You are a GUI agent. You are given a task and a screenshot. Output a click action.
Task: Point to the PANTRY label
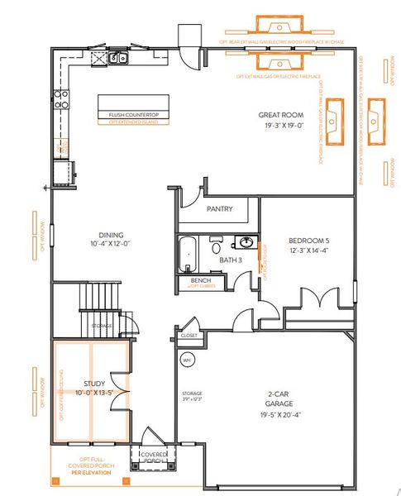(218, 209)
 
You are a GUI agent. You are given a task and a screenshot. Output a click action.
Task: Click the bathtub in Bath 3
(186, 254)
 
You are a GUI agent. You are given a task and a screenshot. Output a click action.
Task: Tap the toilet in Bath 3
(216, 245)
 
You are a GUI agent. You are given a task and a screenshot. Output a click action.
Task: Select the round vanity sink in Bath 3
(246, 242)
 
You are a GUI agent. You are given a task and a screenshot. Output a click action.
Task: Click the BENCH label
(200, 280)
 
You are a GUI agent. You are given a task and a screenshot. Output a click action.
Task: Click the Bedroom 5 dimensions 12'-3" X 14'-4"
(308, 249)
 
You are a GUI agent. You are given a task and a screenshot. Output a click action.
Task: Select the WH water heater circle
(187, 360)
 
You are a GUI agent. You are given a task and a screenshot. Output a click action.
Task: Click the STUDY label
(94, 384)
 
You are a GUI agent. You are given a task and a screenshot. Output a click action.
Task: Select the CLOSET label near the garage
(189, 336)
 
